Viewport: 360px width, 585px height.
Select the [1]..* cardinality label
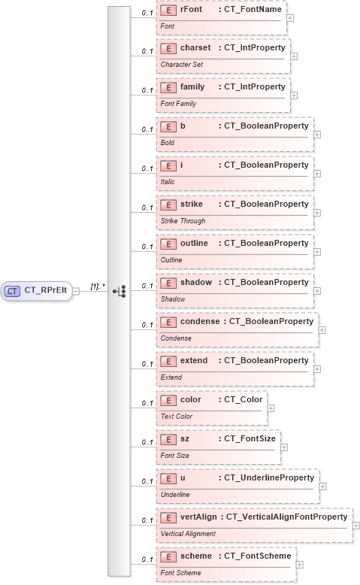[98, 286]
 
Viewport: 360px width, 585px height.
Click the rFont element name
[192, 8]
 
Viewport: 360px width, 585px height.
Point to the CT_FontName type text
[250, 8]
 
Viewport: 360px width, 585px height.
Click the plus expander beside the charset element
[294, 56]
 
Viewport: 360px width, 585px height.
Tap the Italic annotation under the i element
[167, 182]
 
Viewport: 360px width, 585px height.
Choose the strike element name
[192, 204]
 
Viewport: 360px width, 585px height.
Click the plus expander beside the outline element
[318, 251]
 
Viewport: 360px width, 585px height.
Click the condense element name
[200, 321]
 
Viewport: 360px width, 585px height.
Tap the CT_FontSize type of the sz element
[247, 438]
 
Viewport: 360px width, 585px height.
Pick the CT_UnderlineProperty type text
[267, 477]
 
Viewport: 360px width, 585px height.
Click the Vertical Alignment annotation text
[189, 534]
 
